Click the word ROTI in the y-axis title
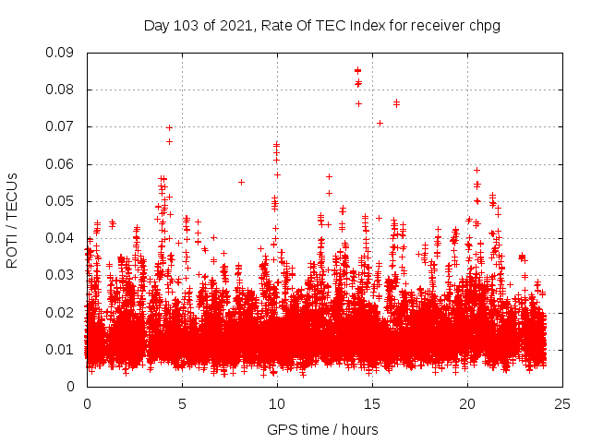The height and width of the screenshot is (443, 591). (x=12, y=251)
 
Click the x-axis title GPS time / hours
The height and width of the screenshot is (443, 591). (x=322, y=429)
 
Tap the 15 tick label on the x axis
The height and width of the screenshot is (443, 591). (x=371, y=403)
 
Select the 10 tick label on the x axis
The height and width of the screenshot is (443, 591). (x=276, y=403)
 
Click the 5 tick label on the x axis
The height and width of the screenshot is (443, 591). (x=182, y=403)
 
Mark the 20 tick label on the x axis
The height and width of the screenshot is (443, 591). (x=466, y=403)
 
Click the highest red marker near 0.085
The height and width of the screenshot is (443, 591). (x=357, y=70)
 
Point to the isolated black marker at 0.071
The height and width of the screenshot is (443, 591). (x=380, y=123)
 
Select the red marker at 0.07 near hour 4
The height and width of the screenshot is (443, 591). (x=169, y=127)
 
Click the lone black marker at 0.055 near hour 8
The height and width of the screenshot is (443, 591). (x=241, y=182)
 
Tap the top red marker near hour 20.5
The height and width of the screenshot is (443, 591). (x=476, y=170)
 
